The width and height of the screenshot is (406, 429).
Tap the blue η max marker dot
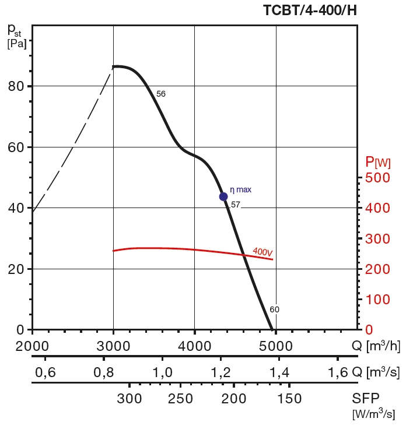click(x=223, y=196)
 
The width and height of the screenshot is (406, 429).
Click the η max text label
click(x=240, y=189)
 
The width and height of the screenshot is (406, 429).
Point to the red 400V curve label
click(x=262, y=252)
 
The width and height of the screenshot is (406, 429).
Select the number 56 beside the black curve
click(x=161, y=94)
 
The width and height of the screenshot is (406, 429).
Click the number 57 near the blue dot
click(x=236, y=205)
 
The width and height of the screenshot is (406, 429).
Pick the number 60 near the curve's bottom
click(x=275, y=310)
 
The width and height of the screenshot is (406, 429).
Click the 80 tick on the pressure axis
click(x=16, y=86)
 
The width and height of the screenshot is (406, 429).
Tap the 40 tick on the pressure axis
click(x=16, y=208)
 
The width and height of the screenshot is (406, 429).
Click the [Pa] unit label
click(x=17, y=43)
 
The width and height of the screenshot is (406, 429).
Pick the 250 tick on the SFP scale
click(x=180, y=399)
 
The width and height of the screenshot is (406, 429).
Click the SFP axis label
click(x=366, y=399)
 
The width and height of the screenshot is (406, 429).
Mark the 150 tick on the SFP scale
click(x=289, y=399)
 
